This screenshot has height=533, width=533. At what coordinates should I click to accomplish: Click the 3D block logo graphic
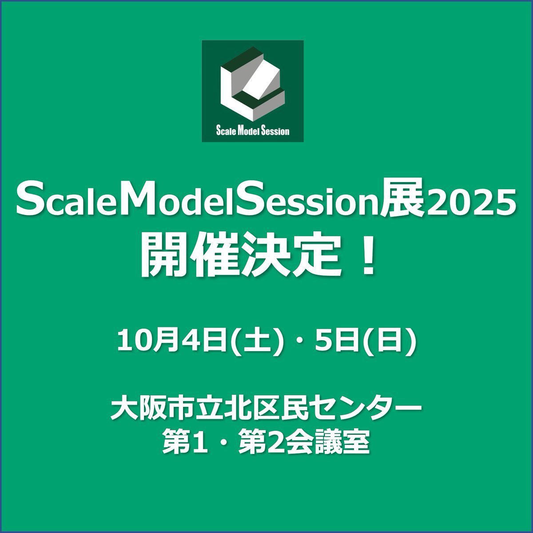[x=253, y=83]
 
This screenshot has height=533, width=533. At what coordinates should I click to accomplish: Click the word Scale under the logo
[x=226, y=131]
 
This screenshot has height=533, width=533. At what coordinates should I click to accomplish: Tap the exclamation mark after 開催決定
[x=368, y=255]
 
